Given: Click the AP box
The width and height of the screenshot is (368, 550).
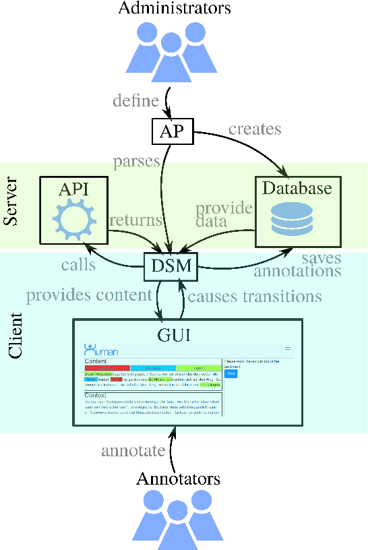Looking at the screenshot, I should point(171,131).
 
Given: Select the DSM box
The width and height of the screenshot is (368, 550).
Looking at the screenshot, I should point(171,266).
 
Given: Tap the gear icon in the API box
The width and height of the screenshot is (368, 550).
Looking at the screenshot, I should point(73,220).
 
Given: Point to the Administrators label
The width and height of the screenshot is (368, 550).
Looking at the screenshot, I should point(175,9).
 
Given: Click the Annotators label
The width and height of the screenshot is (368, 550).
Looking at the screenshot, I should point(178,479).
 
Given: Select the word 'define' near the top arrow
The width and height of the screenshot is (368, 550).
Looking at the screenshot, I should point(135,101).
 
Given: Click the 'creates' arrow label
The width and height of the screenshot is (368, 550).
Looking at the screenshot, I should point(255,127).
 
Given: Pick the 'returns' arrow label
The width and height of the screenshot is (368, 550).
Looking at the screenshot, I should point(136,219).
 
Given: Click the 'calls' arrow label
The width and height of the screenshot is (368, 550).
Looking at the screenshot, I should point(78,265).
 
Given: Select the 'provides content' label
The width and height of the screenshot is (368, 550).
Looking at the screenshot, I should point(89,295).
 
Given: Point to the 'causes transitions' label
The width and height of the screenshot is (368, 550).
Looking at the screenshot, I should point(254,296).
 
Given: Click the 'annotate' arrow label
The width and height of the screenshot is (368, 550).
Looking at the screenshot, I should point(133,450).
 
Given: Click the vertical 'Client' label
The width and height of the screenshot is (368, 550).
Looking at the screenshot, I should point(15,335).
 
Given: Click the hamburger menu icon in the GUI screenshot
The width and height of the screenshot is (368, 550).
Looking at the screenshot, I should point(287,349).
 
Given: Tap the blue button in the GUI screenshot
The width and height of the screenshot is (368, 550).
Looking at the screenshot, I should point(231,373).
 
